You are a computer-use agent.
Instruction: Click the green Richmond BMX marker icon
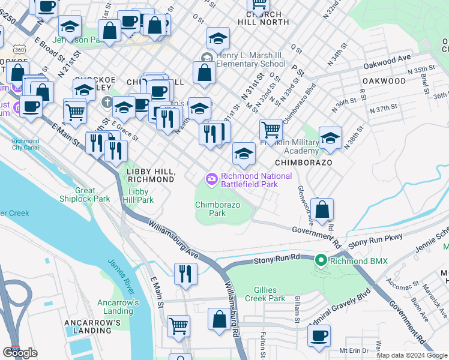321,260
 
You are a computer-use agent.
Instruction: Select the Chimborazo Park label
217,209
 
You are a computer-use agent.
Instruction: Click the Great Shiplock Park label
85,194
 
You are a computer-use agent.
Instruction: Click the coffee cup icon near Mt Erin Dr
319,334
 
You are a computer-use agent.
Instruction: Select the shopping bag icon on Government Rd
322,209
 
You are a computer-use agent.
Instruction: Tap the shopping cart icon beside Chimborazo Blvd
271,129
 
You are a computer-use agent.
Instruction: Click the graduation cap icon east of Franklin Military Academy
330,138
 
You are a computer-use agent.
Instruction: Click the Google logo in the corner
20,353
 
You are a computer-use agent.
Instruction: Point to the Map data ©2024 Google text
412,355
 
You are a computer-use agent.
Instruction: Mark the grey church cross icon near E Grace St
107,101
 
